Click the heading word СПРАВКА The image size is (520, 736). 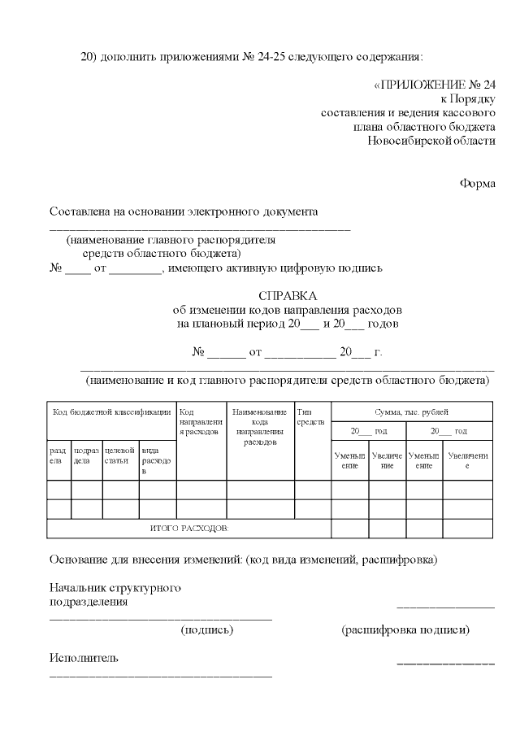(x=288, y=296)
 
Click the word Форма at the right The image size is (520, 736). (x=478, y=183)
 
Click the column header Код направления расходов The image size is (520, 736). (x=200, y=422)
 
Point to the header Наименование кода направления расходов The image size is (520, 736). (x=260, y=427)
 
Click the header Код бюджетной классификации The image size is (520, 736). (x=112, y=412)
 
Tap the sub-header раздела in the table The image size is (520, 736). (x=58, y=455)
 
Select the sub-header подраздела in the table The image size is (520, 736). (x=86, y=455)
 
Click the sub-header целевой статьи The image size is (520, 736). (x=119, y=455)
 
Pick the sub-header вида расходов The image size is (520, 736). (x=156, y=459)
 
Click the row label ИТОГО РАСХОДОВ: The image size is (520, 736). (x=189, y=529)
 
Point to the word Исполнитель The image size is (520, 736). (x=84, y=658)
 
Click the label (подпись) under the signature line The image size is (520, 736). (x=207, y=629)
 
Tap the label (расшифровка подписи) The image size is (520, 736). (x=405, y=629)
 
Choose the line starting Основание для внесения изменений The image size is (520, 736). (x=244, y=560)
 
